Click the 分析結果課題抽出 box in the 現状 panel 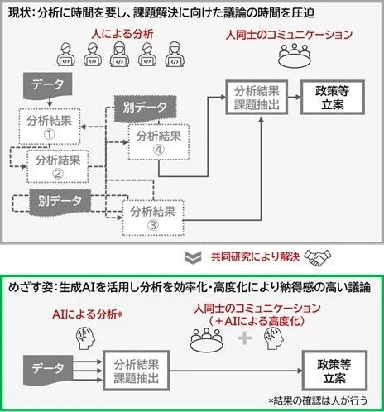[257, 98]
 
